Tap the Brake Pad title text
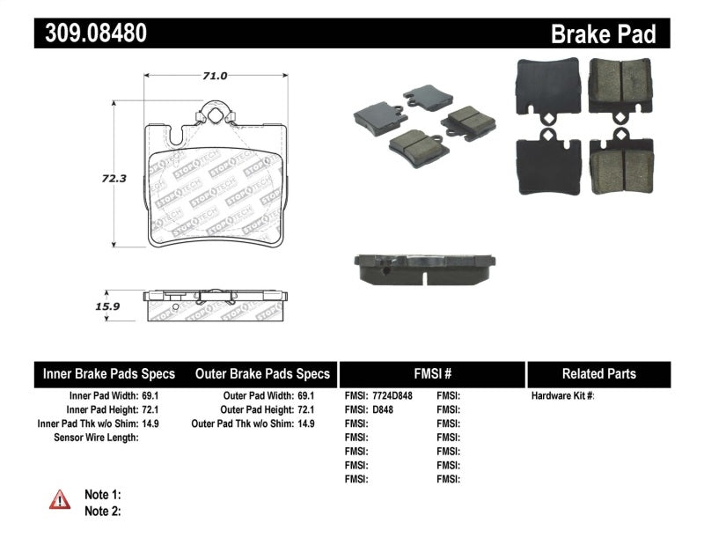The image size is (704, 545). tap(603, 34)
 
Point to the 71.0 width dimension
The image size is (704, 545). tap(215, 77)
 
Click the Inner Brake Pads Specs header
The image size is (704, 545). tap(109, 373)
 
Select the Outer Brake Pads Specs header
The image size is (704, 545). tap(261, 373)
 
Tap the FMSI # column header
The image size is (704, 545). tap(431, 373)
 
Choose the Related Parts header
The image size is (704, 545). tap(598, 373)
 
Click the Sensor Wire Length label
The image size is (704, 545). tap(96, 438)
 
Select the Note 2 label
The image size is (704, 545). tap(102, 510)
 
